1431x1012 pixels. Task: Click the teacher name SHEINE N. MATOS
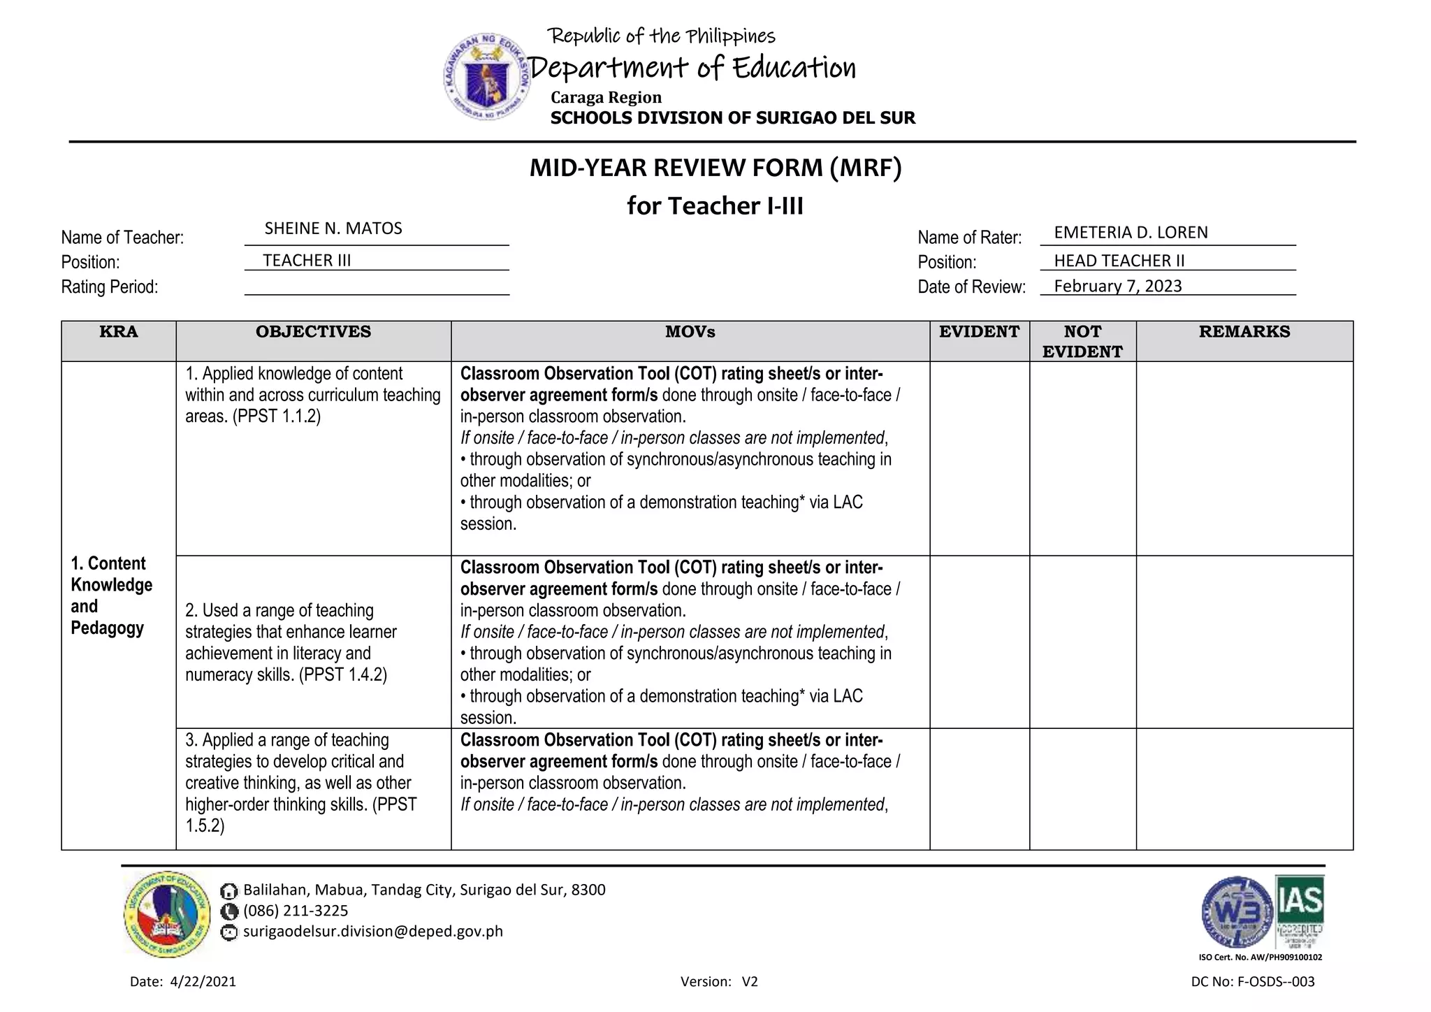click(x=333, y=229)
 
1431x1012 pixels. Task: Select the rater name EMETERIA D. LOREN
click(x=1131, y=233)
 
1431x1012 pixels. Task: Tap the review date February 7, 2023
click(x=1117, y=286)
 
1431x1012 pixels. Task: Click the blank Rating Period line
click(x=376, y=287)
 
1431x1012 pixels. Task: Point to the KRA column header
click(x=119, y=332)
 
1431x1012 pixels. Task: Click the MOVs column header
click(x=690, y=332)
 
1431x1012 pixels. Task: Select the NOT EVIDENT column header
click(x=1082, y=341)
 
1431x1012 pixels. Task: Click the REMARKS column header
click(x=1244, y=332)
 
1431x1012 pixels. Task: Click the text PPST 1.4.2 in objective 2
click(x=344, y=675)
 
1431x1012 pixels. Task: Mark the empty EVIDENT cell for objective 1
click(x=979, y=458)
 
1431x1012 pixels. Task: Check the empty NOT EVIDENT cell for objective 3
click(x=1082, y=788)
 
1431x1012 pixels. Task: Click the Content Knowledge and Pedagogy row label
click(x=112, y=595)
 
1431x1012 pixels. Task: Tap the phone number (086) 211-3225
click(x=295, y=911)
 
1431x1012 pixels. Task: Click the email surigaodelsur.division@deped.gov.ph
click(x=372, y=932)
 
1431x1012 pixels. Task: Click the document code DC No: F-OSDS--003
click(x=1252, y=981)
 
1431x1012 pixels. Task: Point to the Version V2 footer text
click(x=718, y=981)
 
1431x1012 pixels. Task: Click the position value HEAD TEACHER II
click(x=1119, y=261)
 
